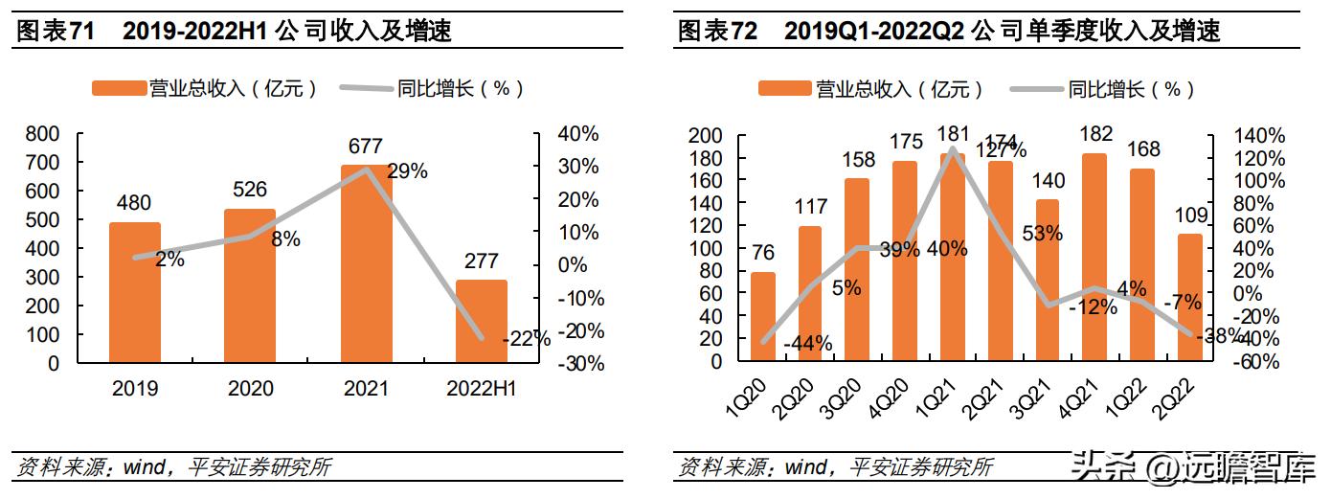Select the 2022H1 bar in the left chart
point(481,321)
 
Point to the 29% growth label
point(407,171)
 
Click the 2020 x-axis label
point(250,389)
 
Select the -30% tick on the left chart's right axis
point(580,364)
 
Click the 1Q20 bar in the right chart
point(763,317)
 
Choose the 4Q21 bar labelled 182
point(1094,258)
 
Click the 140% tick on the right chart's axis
point(1260,136)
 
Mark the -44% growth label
point(807,343)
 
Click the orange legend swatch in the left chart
point(118,89)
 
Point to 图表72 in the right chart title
point(716,31)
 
